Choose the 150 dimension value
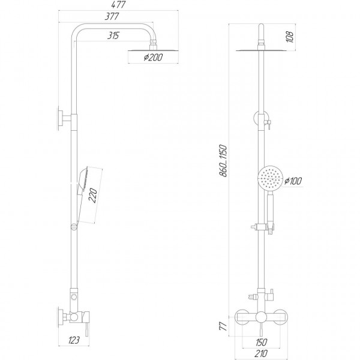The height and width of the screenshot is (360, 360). coord(262,341)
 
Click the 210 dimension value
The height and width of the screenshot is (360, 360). coord(262,353)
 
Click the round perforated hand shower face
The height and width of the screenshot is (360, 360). coord(269,178)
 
